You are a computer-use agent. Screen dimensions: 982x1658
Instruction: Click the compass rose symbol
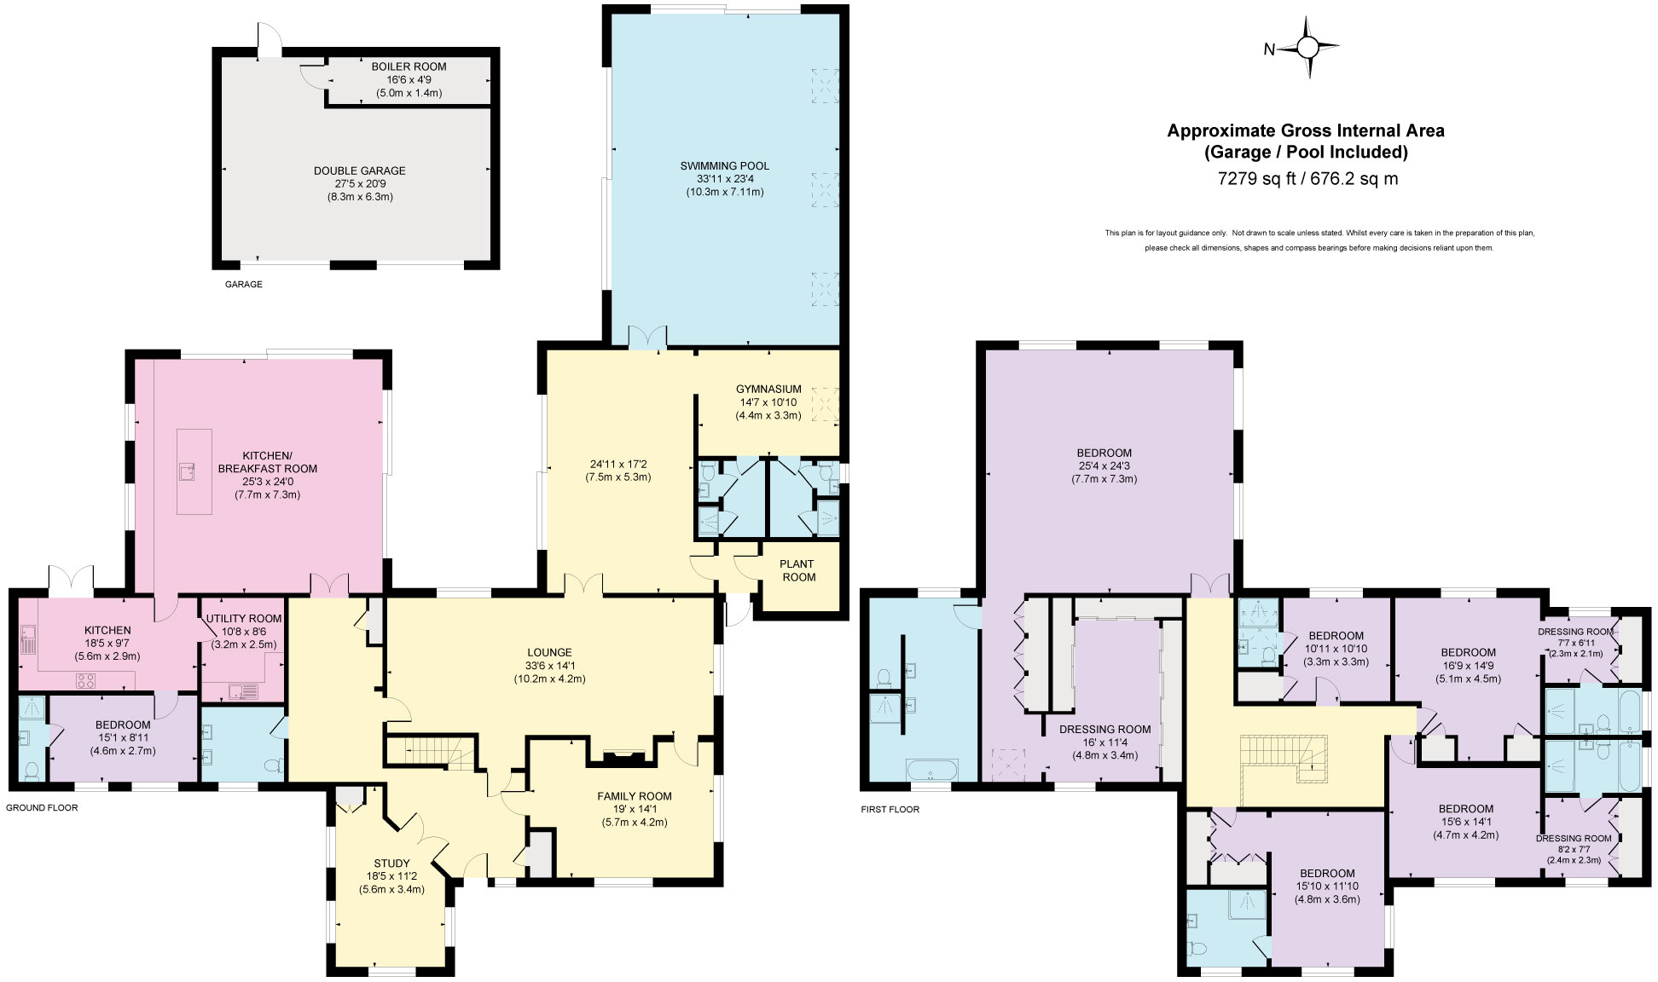click(x=1307, y=49)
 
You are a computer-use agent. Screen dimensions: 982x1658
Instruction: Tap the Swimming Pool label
click(x=724, y=165)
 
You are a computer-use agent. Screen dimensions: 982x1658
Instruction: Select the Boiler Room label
click(x=409, y=66)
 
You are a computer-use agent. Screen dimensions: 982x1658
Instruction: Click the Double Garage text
click(x=359, y=170)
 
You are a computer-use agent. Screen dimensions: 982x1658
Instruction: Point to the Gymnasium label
click(x=768, y=389)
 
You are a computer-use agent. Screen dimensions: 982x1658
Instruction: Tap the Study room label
click(x=391, y=864)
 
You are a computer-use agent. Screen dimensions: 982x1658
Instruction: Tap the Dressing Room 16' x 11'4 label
click(x=1104, y=729)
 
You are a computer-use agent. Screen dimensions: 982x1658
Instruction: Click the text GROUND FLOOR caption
click(x=42, y=807)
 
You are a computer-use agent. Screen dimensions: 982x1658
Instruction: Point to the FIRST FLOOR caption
click(x=890, y=809)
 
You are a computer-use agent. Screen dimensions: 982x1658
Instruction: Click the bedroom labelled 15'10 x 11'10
click(x=1327, y=874)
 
